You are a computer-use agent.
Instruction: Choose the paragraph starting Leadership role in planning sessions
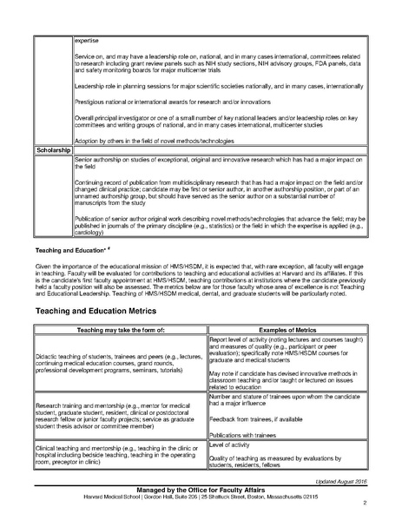(218, 88)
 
